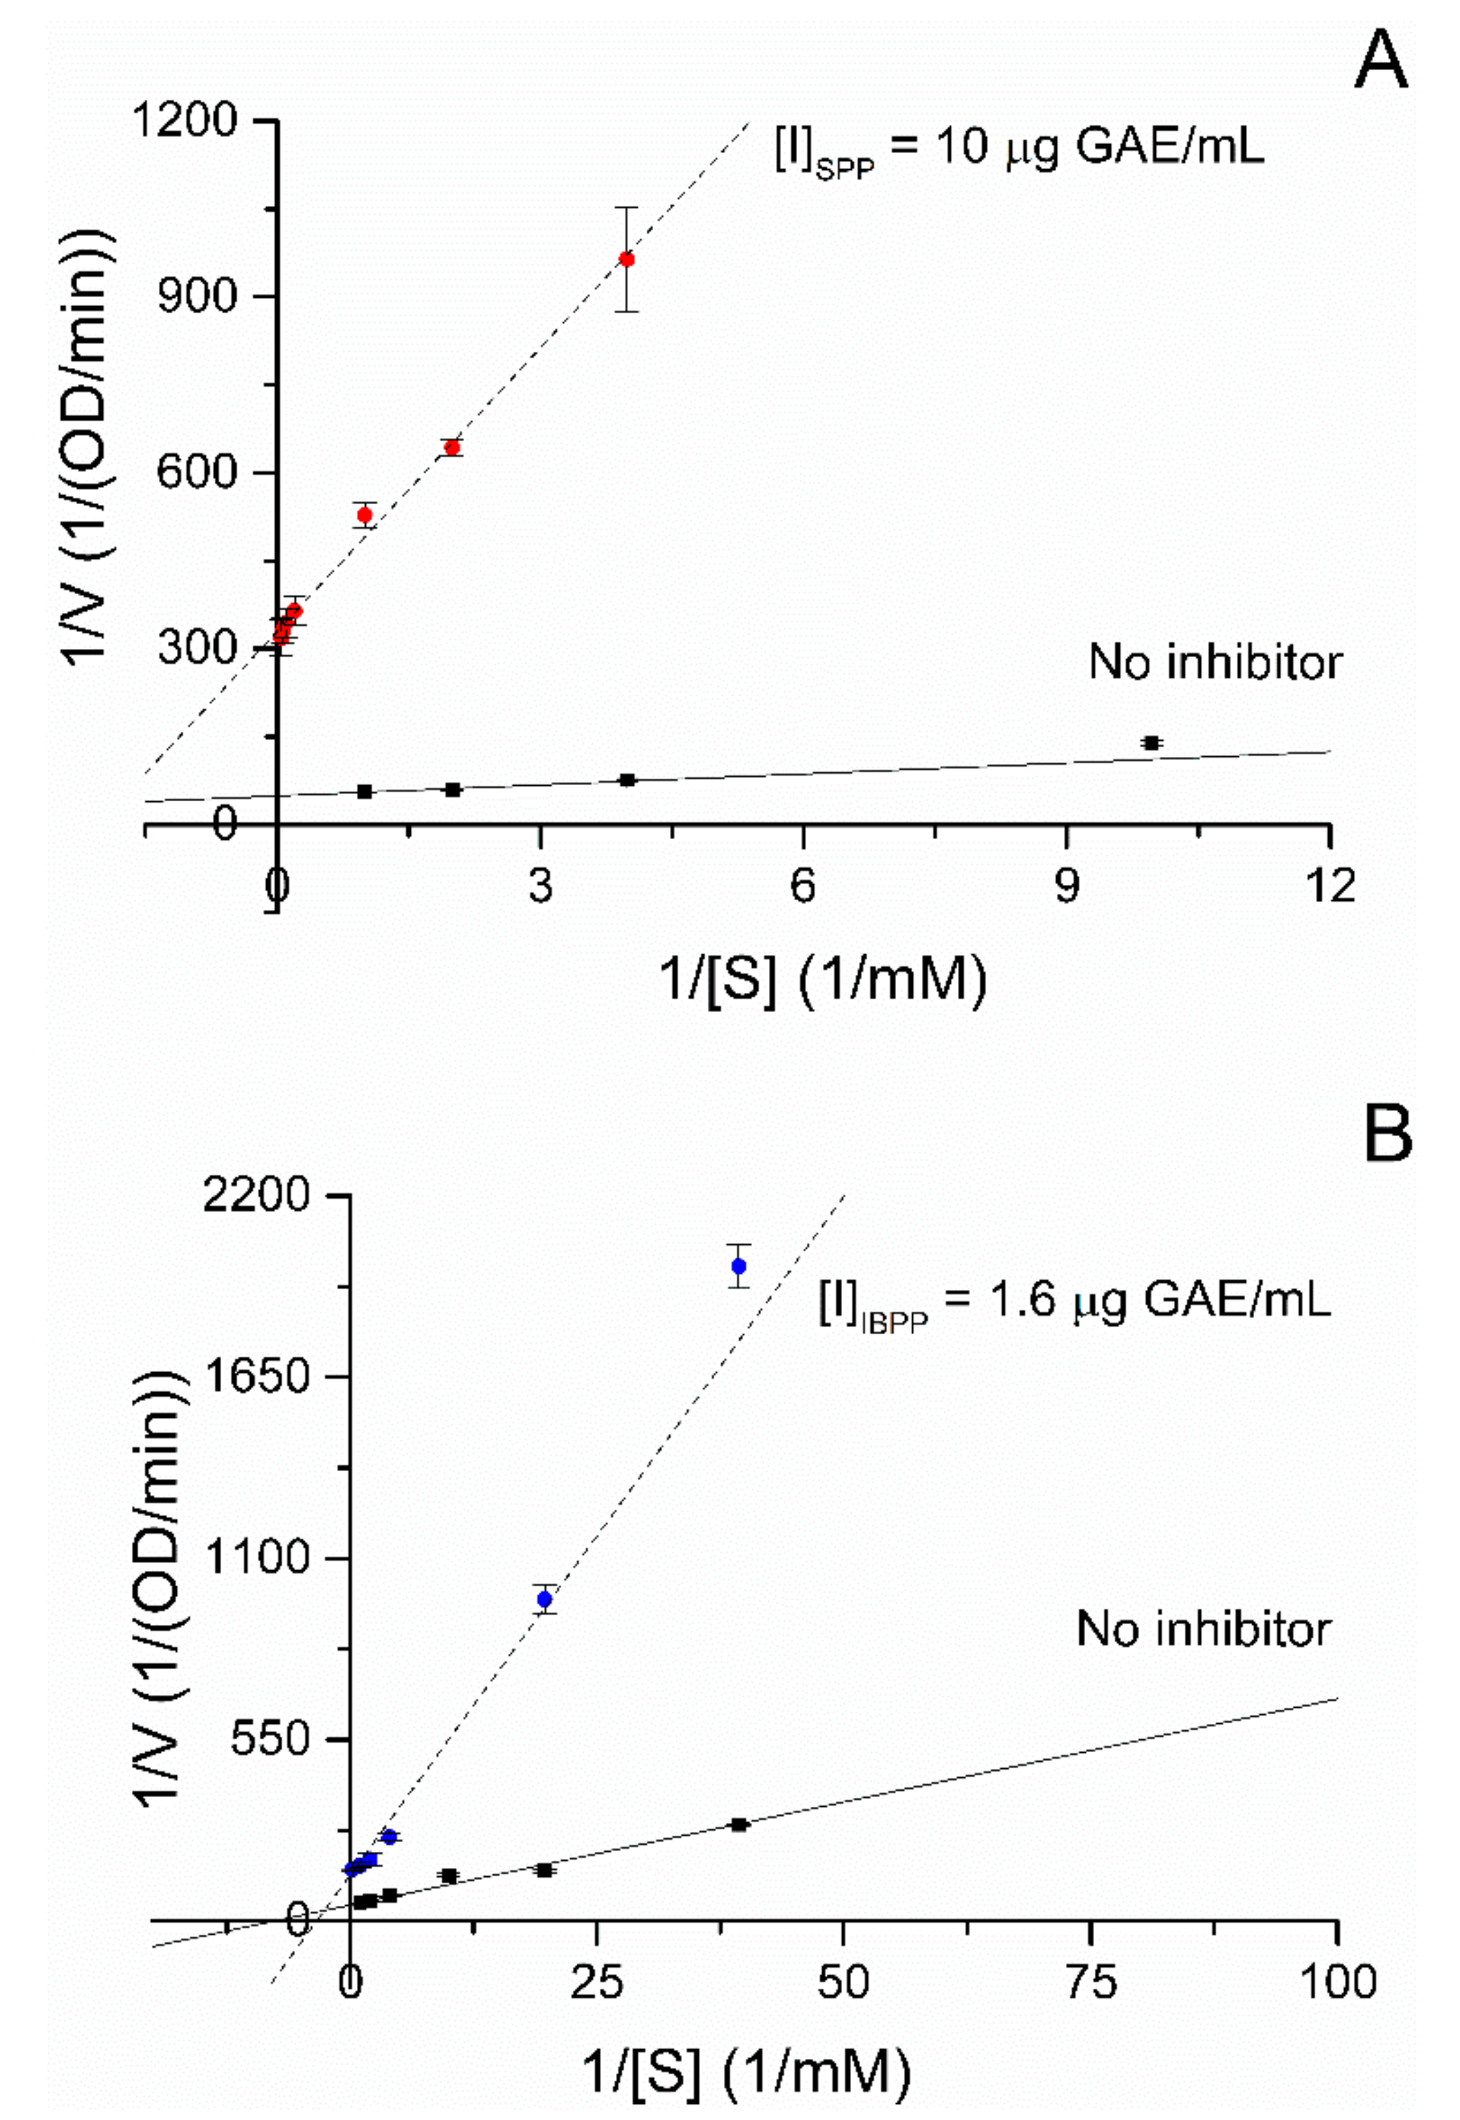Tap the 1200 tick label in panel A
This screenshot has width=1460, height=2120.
point(185,121)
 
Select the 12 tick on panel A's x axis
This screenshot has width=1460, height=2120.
point(1330,885)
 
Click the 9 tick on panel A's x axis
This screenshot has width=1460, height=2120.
point(1067,885)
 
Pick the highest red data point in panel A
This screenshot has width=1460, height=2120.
point(626,259)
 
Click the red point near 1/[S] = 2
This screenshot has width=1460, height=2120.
point(451,447)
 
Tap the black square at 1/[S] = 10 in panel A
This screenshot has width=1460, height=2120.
point(1152,743)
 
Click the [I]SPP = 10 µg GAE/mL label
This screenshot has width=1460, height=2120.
point(1018,146)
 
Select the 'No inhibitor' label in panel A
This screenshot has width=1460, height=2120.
point(1215,661)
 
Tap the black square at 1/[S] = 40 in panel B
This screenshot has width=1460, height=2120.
point(739,1824)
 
